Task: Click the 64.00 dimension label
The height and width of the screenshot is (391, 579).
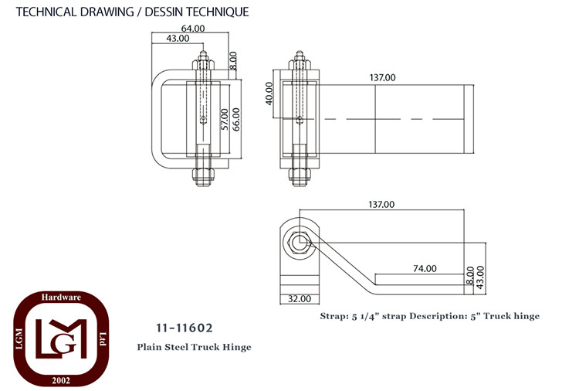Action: point(193,29)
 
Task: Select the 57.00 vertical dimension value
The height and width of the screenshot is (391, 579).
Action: point(225,119)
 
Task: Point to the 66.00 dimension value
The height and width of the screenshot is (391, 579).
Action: point(236,119)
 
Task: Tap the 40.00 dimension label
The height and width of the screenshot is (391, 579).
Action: point(269,93)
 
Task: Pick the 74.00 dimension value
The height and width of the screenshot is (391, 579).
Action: point(425,269)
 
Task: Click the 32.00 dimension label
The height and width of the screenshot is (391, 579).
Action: point(300,298)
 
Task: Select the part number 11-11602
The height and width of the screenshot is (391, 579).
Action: point(185,328)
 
